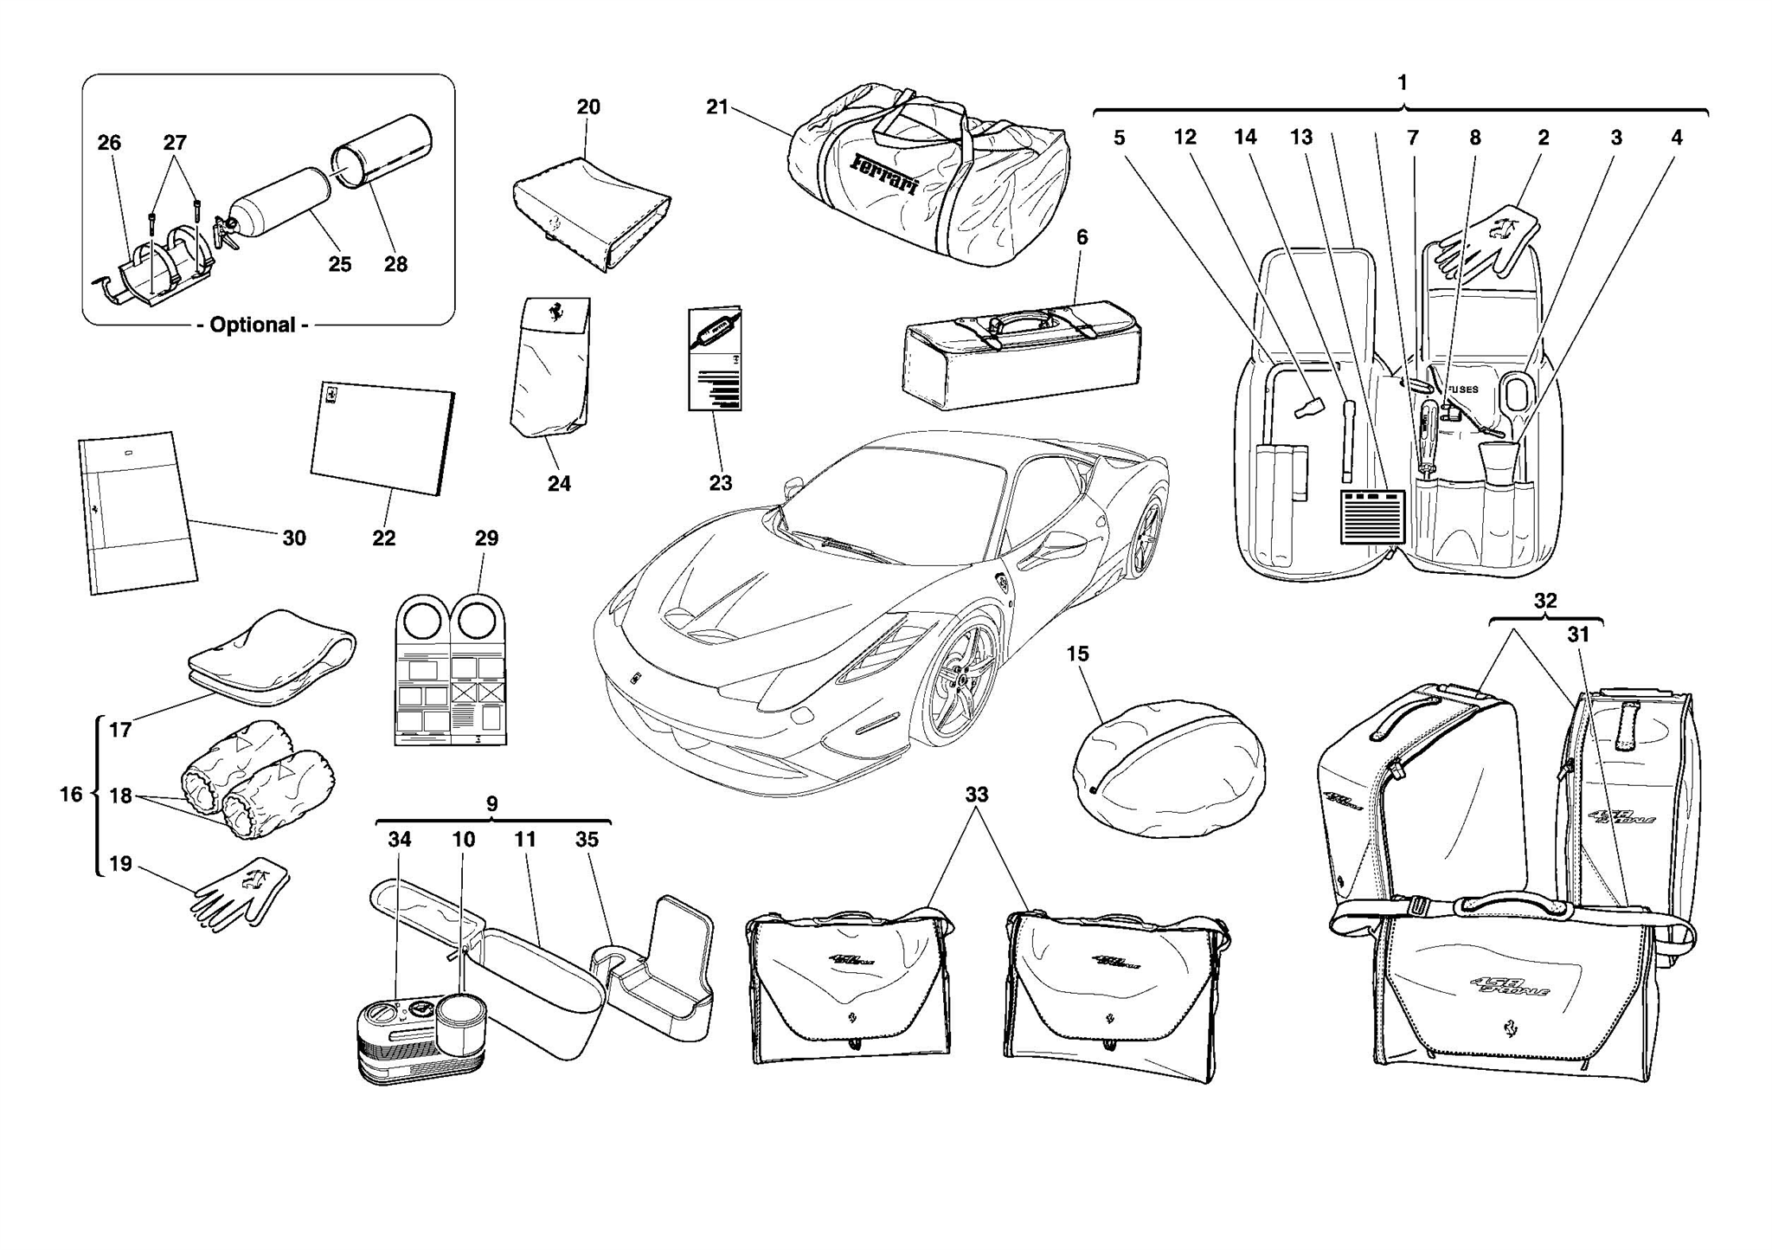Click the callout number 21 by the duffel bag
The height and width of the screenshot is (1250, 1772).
716,106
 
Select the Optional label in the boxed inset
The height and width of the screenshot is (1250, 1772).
253,325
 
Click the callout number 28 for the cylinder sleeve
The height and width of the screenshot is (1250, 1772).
395,264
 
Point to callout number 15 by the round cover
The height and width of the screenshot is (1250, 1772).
1077,654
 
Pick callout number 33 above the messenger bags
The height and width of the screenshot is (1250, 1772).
976,794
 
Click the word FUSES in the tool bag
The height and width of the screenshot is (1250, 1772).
1463,390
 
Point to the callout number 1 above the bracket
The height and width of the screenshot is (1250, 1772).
1403,82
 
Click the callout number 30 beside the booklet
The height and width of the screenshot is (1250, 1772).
294,538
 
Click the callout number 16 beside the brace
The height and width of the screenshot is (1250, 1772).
71,794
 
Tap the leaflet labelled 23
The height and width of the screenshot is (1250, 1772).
715,359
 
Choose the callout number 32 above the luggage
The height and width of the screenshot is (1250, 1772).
1545,601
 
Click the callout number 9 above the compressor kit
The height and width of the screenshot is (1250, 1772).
491,803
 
